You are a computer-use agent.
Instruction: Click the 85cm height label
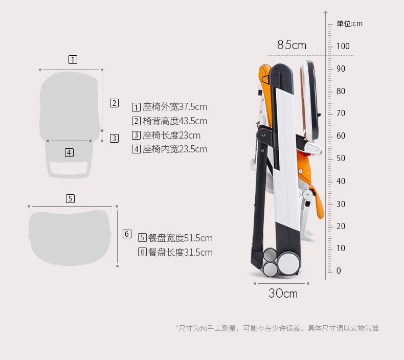(x=291, y=46)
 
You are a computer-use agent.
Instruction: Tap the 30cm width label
(x=283, y=294)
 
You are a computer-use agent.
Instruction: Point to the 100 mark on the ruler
(x=343, y=47)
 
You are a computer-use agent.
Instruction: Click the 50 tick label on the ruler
(x=341, y=159)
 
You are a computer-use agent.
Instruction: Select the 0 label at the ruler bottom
(x=339, y=271)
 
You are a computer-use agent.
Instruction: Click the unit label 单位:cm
(x=349, y=24)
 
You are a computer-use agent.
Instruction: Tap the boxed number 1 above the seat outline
(x=73, y=60)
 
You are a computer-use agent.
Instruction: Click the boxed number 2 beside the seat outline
(x=114, y=103)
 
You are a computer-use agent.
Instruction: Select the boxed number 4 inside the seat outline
(x=69, y=152)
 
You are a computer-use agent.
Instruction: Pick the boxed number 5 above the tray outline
(x=71, y=199)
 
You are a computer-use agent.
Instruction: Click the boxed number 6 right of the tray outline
(x=127, y=234)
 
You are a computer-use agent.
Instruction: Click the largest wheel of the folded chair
(x=288, y=264)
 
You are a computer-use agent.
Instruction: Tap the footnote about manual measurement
(x=277, y=328)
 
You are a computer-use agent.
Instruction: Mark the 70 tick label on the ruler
(x=341, y=113)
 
